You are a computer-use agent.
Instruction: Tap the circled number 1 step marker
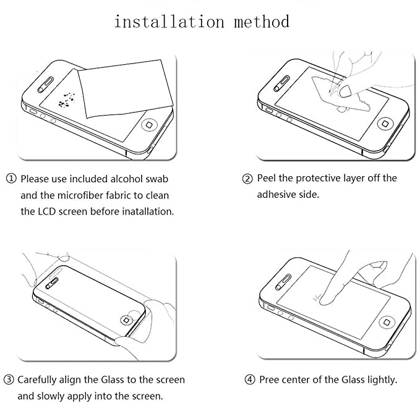[x=11, y=179]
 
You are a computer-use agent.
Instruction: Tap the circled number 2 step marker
[x=247, y=179]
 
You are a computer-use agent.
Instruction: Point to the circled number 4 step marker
[x=249, y=380]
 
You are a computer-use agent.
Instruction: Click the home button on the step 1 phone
[x=148, y=124]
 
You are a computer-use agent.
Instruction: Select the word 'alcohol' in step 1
[x=126, y=179]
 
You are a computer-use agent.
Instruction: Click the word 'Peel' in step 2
[x=268, y=179]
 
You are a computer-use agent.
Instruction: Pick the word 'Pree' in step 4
[x=270, y=380]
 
